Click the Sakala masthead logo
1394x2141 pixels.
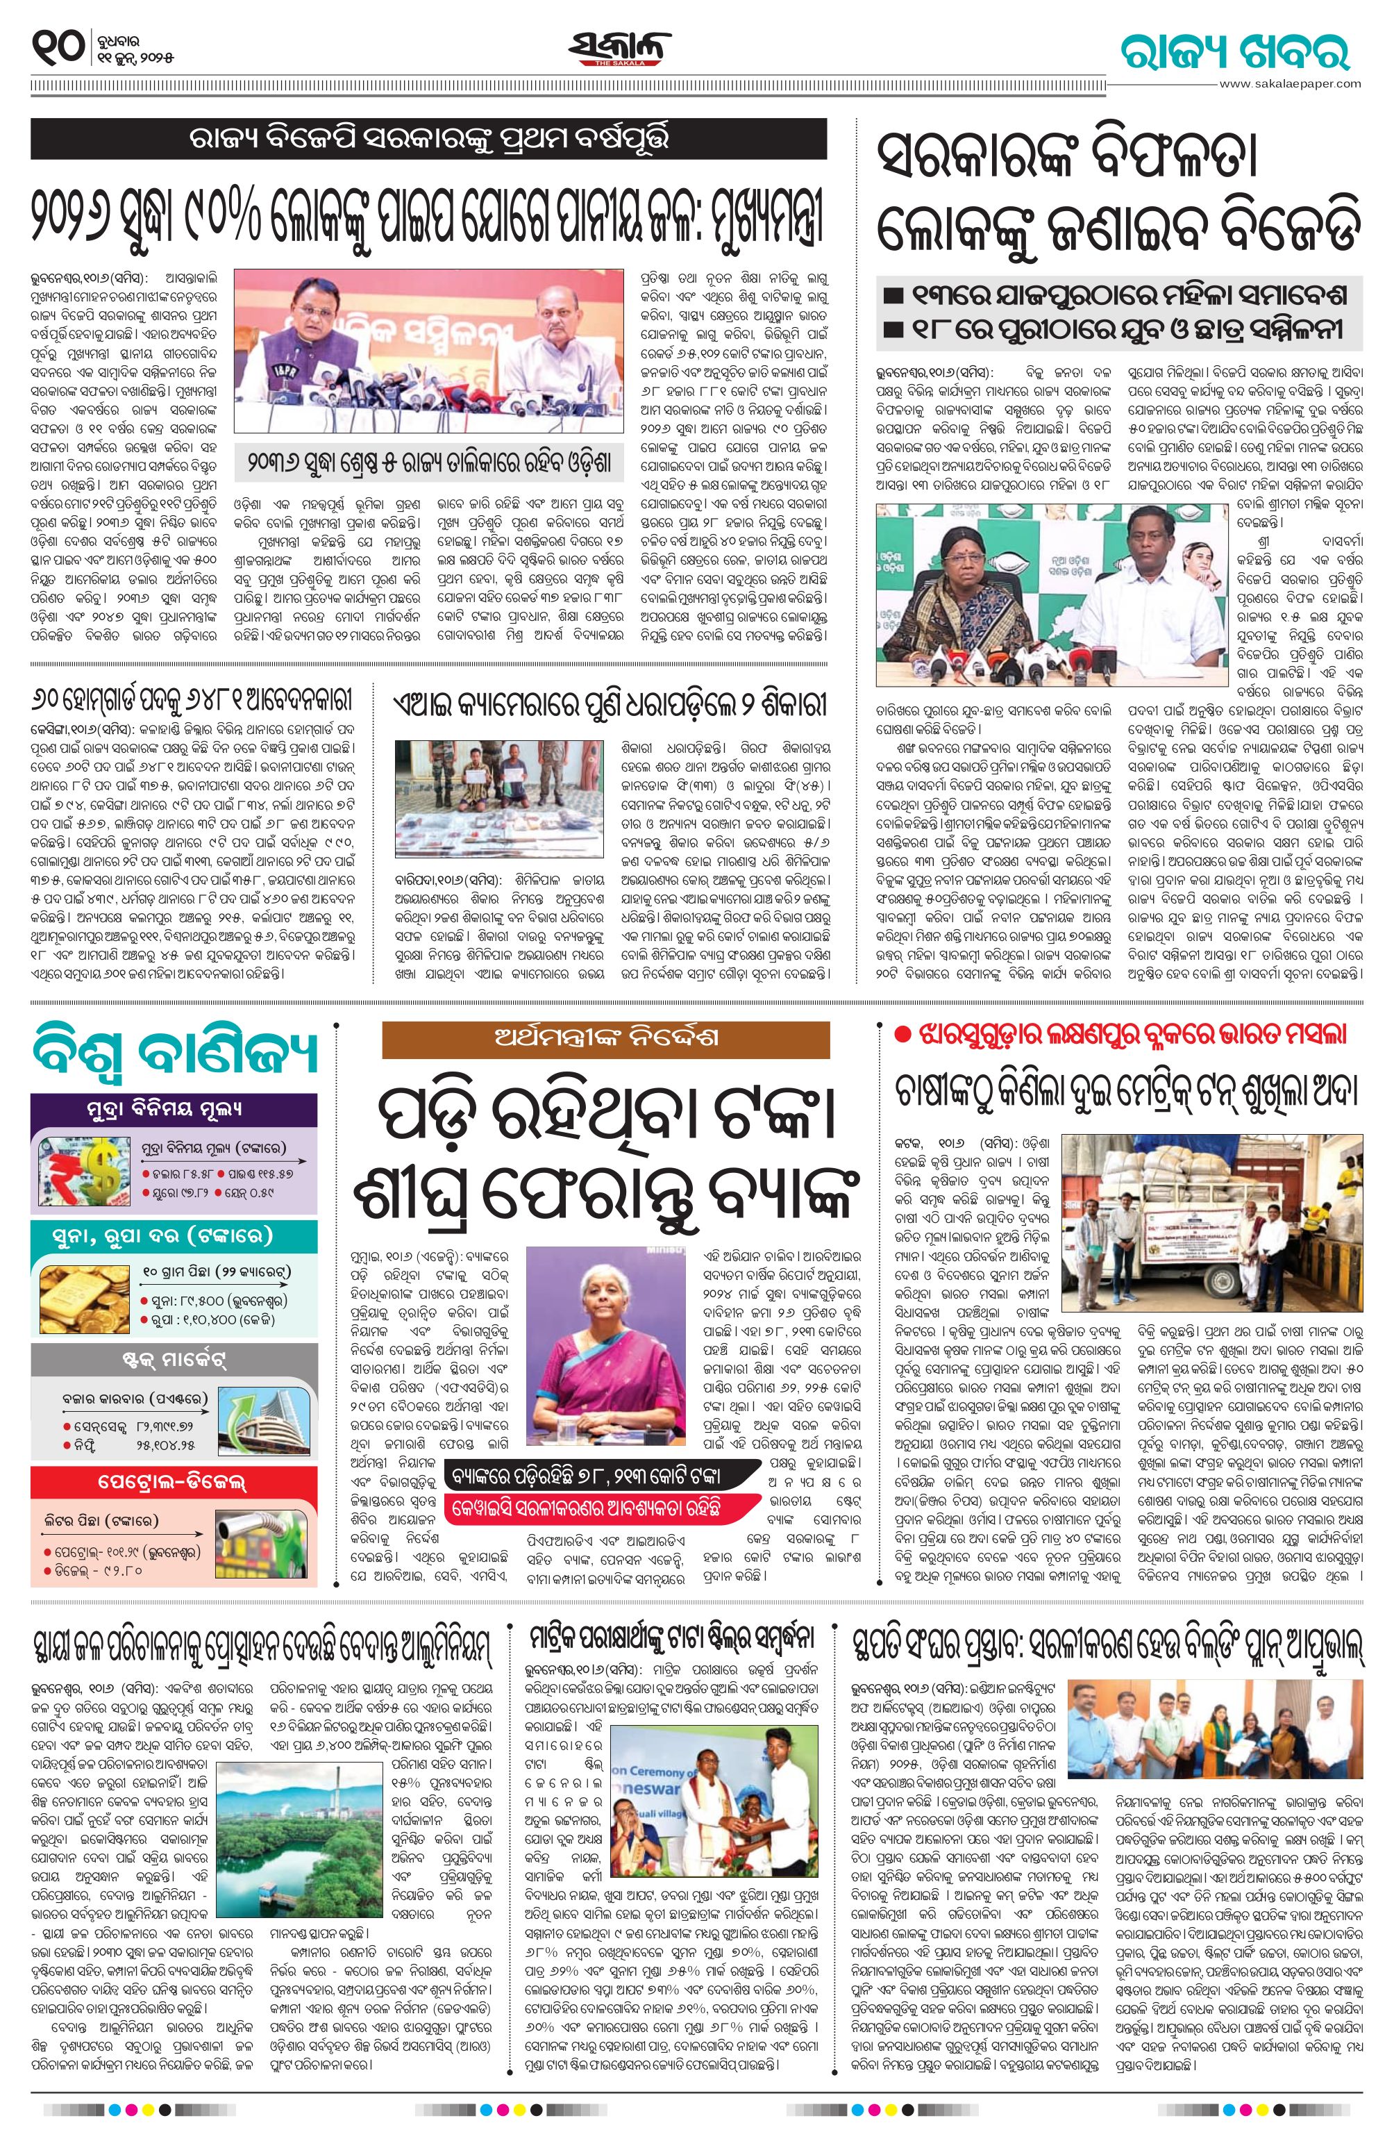(x=620, y=49)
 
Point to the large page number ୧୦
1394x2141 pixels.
(x=58, y=46)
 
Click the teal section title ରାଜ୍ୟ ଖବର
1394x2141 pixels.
(x=1235, y=51)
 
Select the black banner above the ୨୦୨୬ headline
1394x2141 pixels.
(x=428, y=140)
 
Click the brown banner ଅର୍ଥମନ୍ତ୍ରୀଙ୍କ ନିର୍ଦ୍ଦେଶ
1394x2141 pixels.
(x=605, y=1038)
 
